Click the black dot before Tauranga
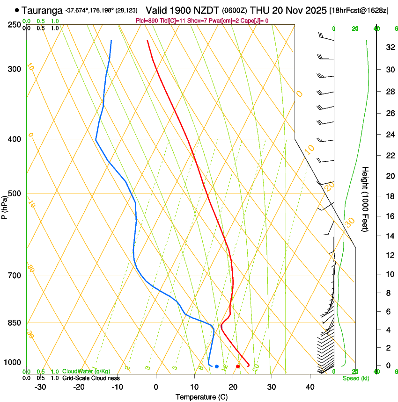point(17,10)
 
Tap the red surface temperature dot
point(238,366)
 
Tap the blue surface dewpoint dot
point(217,366)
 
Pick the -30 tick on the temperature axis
point(40,387)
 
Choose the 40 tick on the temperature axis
point(310,387)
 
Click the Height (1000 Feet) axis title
point(365,199)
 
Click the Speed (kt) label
point(356,378)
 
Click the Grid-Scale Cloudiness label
point(90,378)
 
